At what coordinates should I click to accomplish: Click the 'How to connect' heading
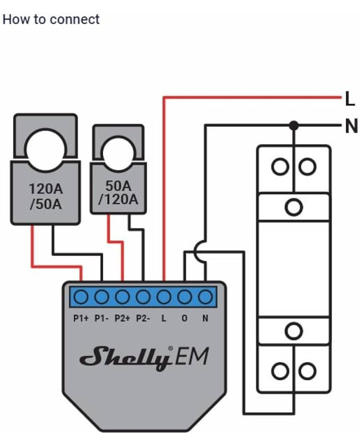click(51, 20)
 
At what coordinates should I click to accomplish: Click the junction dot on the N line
click(294, 125)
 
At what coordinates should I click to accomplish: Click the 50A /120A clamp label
click(118, 192)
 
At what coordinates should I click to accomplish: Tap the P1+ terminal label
click(81, 318)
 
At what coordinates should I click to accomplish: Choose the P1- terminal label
click(101, 318)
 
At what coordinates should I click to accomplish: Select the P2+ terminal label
click(122, 318)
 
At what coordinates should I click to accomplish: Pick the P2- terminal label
click(142, 318)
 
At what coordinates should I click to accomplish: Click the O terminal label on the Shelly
click(185, 318)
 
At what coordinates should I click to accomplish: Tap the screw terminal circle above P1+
click(81, 297)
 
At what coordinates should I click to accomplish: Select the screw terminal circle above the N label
click(205, 297)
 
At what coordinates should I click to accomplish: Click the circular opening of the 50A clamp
click(118, 152)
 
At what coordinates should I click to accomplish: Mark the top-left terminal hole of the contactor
click(280, 167)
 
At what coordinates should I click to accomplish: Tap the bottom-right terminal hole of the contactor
click(308, 371)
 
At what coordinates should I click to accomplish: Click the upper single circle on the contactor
click(294, 207)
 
